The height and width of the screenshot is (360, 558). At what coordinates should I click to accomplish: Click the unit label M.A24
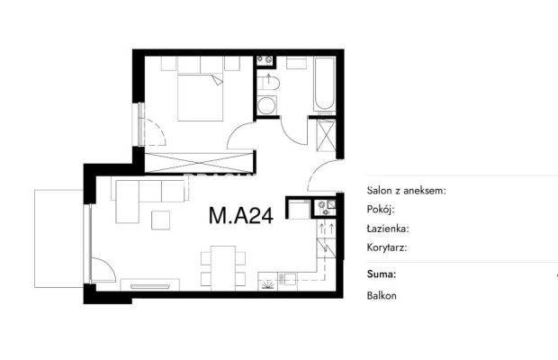(241, 216)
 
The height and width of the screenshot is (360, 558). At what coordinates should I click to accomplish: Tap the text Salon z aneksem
(406, 191)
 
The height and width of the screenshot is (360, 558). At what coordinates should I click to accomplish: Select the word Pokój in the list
(381, 210)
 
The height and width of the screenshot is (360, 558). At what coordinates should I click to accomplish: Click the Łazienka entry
(388, 229)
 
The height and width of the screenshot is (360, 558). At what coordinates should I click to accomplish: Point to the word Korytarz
(387, 247)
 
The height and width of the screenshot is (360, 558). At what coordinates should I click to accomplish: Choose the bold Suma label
(381, 274)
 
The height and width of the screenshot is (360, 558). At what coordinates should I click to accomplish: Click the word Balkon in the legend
(382, 295)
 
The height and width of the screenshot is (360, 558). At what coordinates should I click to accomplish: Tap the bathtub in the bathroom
(324, 84)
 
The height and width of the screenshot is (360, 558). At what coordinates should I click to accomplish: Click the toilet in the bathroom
(268, 83)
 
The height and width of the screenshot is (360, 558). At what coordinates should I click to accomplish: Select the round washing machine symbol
(266, 105)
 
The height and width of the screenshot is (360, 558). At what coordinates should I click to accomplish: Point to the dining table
(223, 268)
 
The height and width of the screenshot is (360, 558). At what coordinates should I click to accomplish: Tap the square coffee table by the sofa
(160, 220)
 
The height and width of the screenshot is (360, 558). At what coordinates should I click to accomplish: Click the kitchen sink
(288, 278)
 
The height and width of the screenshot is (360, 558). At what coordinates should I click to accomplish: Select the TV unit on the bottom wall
(149, 285)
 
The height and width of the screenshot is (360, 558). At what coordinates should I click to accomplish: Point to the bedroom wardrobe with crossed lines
(200, 162)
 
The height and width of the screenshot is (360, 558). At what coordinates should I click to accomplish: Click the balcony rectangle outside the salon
(59, 238)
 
